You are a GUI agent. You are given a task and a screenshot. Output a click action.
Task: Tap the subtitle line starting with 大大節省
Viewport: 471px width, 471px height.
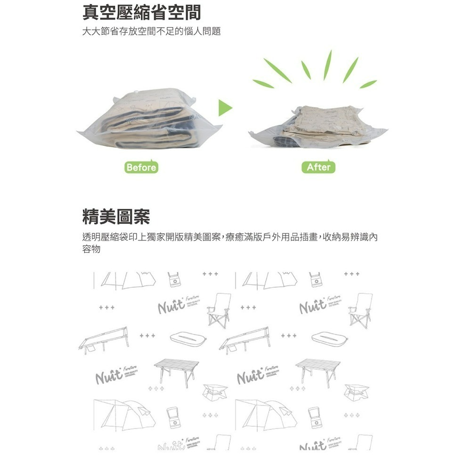(x=151, y=32)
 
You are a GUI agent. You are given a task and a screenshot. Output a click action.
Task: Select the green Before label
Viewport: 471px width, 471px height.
(x=141, y=167)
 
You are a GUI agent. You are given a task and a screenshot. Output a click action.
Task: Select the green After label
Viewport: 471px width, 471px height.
(x=318, y=167)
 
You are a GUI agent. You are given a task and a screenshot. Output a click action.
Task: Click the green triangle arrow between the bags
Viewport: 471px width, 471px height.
(x=227, y=108)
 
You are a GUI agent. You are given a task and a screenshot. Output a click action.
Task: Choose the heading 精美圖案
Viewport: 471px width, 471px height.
(x=116, y=217)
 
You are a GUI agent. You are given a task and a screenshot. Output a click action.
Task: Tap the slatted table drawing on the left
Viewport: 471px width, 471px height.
(x=174, y=370)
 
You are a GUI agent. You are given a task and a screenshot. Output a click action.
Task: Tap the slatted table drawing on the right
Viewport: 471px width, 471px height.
(x=317, y=370)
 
